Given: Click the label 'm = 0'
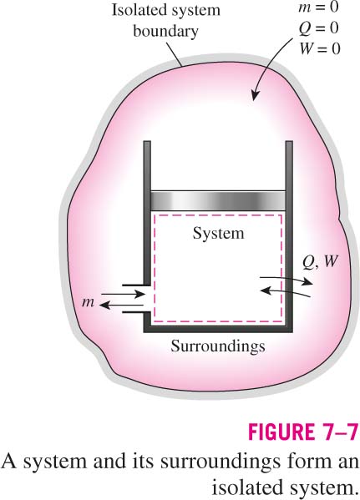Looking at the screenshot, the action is pyautogui.click(x=318, y=7).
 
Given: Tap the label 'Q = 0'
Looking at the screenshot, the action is pyautogui.click(x=319, y=28).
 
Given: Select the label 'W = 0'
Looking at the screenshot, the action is pyautogui.click(x=320, y=48).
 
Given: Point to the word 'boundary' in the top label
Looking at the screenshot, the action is pyautogui.click(x=165, y=32).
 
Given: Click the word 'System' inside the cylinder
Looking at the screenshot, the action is pyautogui.click(x=218, y=234).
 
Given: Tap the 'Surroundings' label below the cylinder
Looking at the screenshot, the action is pyautogui.click(x=218, y=346).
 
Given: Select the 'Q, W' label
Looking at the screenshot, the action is pyautogui.click(x=320, y=262).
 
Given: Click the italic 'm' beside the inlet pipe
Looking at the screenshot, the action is pyautogui.click(x=88, y=301).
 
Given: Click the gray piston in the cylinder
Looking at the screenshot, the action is pyautogui.click(x=218, y=200).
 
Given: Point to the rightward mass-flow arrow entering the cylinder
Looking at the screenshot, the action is pyautogui.click(x=123, y=294).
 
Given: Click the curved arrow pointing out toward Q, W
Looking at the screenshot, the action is pyautogui.click(x=286, y=280).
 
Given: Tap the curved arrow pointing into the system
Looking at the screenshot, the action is pyautogui.click(x=285, y=292).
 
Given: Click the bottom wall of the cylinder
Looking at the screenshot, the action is pyautogui.click(x=218, y=329).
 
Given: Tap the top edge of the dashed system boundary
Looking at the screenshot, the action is pyautogui.click(x=218, y=215).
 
